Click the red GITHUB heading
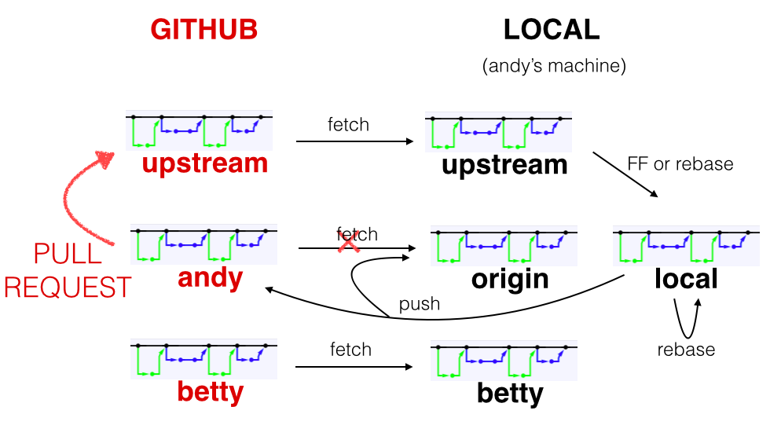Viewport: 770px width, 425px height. point(204,30)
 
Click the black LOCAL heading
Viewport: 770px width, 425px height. point(552,30)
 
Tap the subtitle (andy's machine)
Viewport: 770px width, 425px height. point(554,66)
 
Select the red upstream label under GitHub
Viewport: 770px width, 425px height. point(205,163)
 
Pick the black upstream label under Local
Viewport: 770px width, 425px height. point(504,165)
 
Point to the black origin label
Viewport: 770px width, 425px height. point(510,279)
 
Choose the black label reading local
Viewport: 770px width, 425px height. point(686,279)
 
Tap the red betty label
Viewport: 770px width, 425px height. point(210,390)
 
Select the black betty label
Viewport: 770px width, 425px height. point(510,393)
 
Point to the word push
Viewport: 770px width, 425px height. point(420,304)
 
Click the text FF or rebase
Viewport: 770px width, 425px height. point(680,164)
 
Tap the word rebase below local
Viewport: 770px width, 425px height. point(686,350)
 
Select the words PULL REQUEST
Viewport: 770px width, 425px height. point(68,271)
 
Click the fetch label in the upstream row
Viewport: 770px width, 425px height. point(348,124)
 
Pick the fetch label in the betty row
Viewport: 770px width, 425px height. point(350,349)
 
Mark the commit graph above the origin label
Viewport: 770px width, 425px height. point(504,246)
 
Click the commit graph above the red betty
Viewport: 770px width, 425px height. point(203,358)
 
